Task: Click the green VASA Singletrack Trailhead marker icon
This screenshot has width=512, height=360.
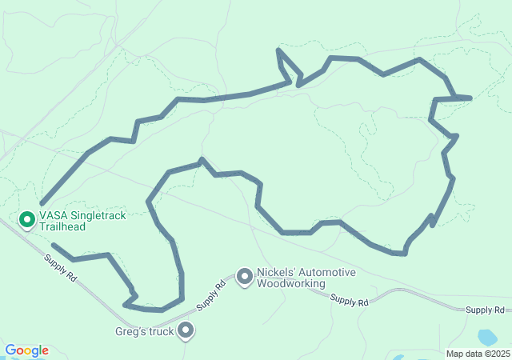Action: [26, 218]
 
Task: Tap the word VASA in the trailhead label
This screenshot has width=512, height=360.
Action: [53, 216]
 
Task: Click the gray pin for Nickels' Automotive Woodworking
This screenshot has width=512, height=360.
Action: [244, 277]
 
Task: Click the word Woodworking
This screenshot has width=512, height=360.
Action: [292, 283]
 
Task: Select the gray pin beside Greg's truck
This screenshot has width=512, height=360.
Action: [186, 330]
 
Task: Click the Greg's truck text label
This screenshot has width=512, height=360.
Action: [144, 331]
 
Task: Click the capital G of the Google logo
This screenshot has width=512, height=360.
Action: [10, 350]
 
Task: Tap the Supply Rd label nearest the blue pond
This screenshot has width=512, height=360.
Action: [486, 310]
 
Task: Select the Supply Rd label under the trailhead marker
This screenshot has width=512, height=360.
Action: [60, 267]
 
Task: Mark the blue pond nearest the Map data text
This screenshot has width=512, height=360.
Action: [486, 337]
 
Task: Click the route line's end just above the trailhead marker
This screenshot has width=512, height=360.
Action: [41, 203]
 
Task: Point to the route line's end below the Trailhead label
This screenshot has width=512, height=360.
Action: [53, 245]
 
